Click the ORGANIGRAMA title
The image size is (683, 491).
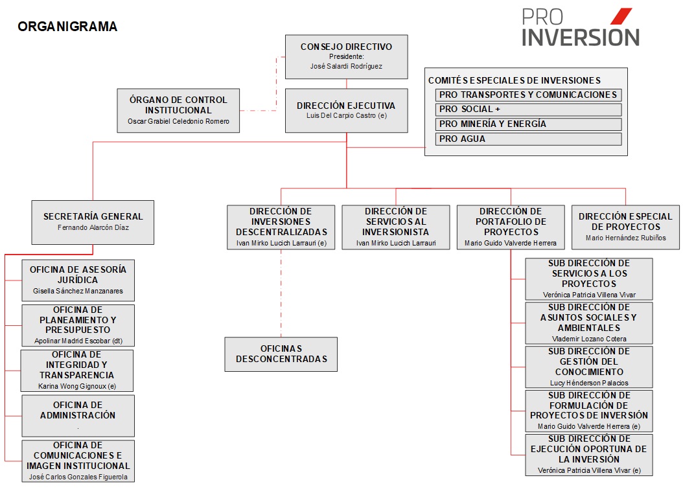[67, 27]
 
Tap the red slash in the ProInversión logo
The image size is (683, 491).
[621, 16]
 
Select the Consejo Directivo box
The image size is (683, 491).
[346, 57]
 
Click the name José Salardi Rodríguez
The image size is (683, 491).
[346, 66]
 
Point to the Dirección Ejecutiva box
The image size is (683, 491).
[346, 111]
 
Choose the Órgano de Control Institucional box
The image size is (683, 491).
[178, 111]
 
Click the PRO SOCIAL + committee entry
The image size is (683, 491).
[528, 109]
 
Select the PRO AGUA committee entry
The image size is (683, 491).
[528, 139]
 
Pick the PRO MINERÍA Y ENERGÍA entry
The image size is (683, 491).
[528, 124]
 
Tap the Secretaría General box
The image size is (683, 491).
[93, 222]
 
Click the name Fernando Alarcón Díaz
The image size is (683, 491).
[93, 227]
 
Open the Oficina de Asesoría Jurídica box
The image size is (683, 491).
[78, 280]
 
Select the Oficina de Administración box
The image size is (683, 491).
[78, 416]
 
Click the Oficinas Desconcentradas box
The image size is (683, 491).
[281, 354]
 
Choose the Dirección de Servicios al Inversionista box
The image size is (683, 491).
[396, 227]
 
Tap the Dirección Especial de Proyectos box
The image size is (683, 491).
[625, 227]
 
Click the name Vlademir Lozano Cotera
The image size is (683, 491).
[589, 339]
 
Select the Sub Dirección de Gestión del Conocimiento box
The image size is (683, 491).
[589, 367]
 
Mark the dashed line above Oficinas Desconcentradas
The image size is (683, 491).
[281, 293]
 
